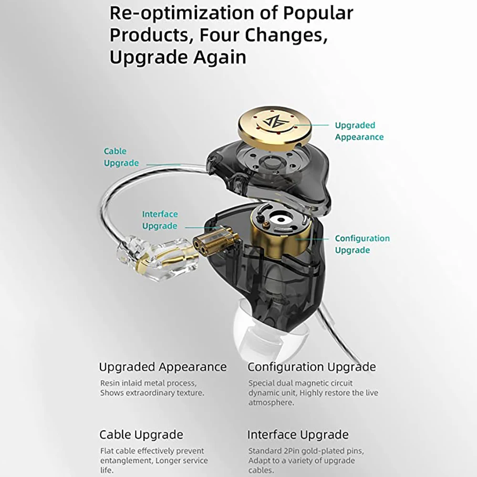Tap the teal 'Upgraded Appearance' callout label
pyautogui.click(x=359, y=131)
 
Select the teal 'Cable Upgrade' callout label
pyautogui.click(x=121, y=157)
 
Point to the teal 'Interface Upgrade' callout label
pyautogui.click(x=159, y=220)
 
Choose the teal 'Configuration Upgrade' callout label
pyautogui.click(x=362, y=244)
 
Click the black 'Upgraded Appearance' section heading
pyautogui.click(x=163, y=367)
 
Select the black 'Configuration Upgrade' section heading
pyautogui.click(x=311, y=367)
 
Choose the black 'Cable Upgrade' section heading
pyautogui.click(x=141, y=435)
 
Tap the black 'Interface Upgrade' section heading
pyautogui.click(x=298, y=435)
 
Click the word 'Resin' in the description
pyautogui.click(x=110, y=383)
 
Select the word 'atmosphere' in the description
pyautogui.click(x=270, y=403)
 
